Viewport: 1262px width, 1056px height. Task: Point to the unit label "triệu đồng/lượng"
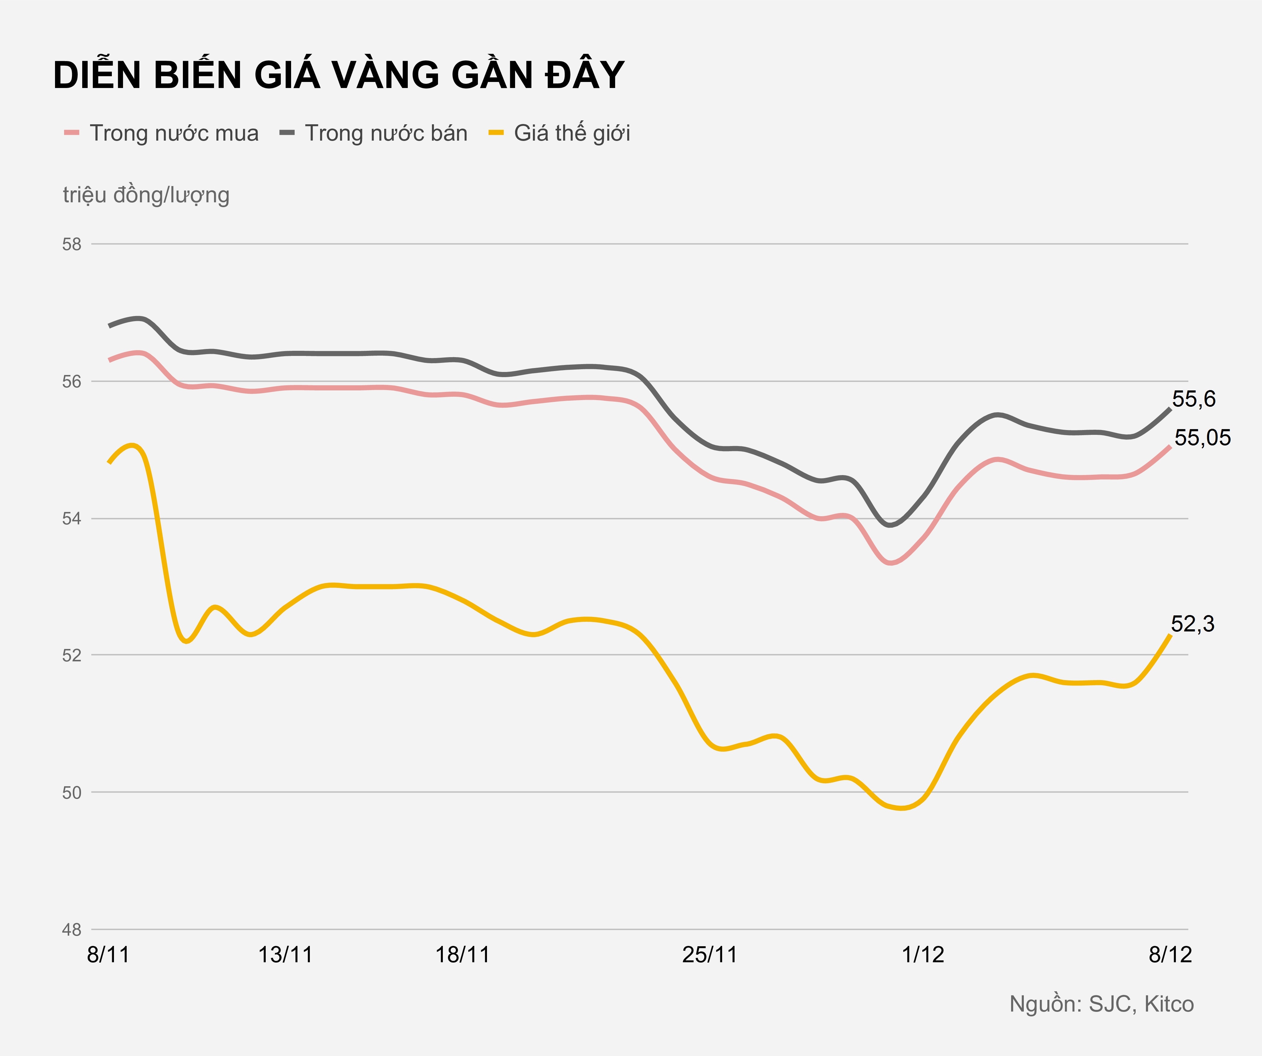pyautogui.click(x=146, y=195)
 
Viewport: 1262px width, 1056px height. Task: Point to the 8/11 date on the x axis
pyautogui.click(x=109, y=955)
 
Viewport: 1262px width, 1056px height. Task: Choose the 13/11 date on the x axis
pyautogui.click(x=285, y=955)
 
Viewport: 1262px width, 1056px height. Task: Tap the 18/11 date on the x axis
pyautogui.click(x=462, y=955)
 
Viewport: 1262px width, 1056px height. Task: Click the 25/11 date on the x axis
pyautogui.click(x=710, y=955)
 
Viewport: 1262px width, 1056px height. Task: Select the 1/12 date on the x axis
pyautogui.click(x=923, y=955)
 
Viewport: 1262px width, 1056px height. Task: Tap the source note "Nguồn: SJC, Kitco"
pyautogui.click(x=1101, y=1004)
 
